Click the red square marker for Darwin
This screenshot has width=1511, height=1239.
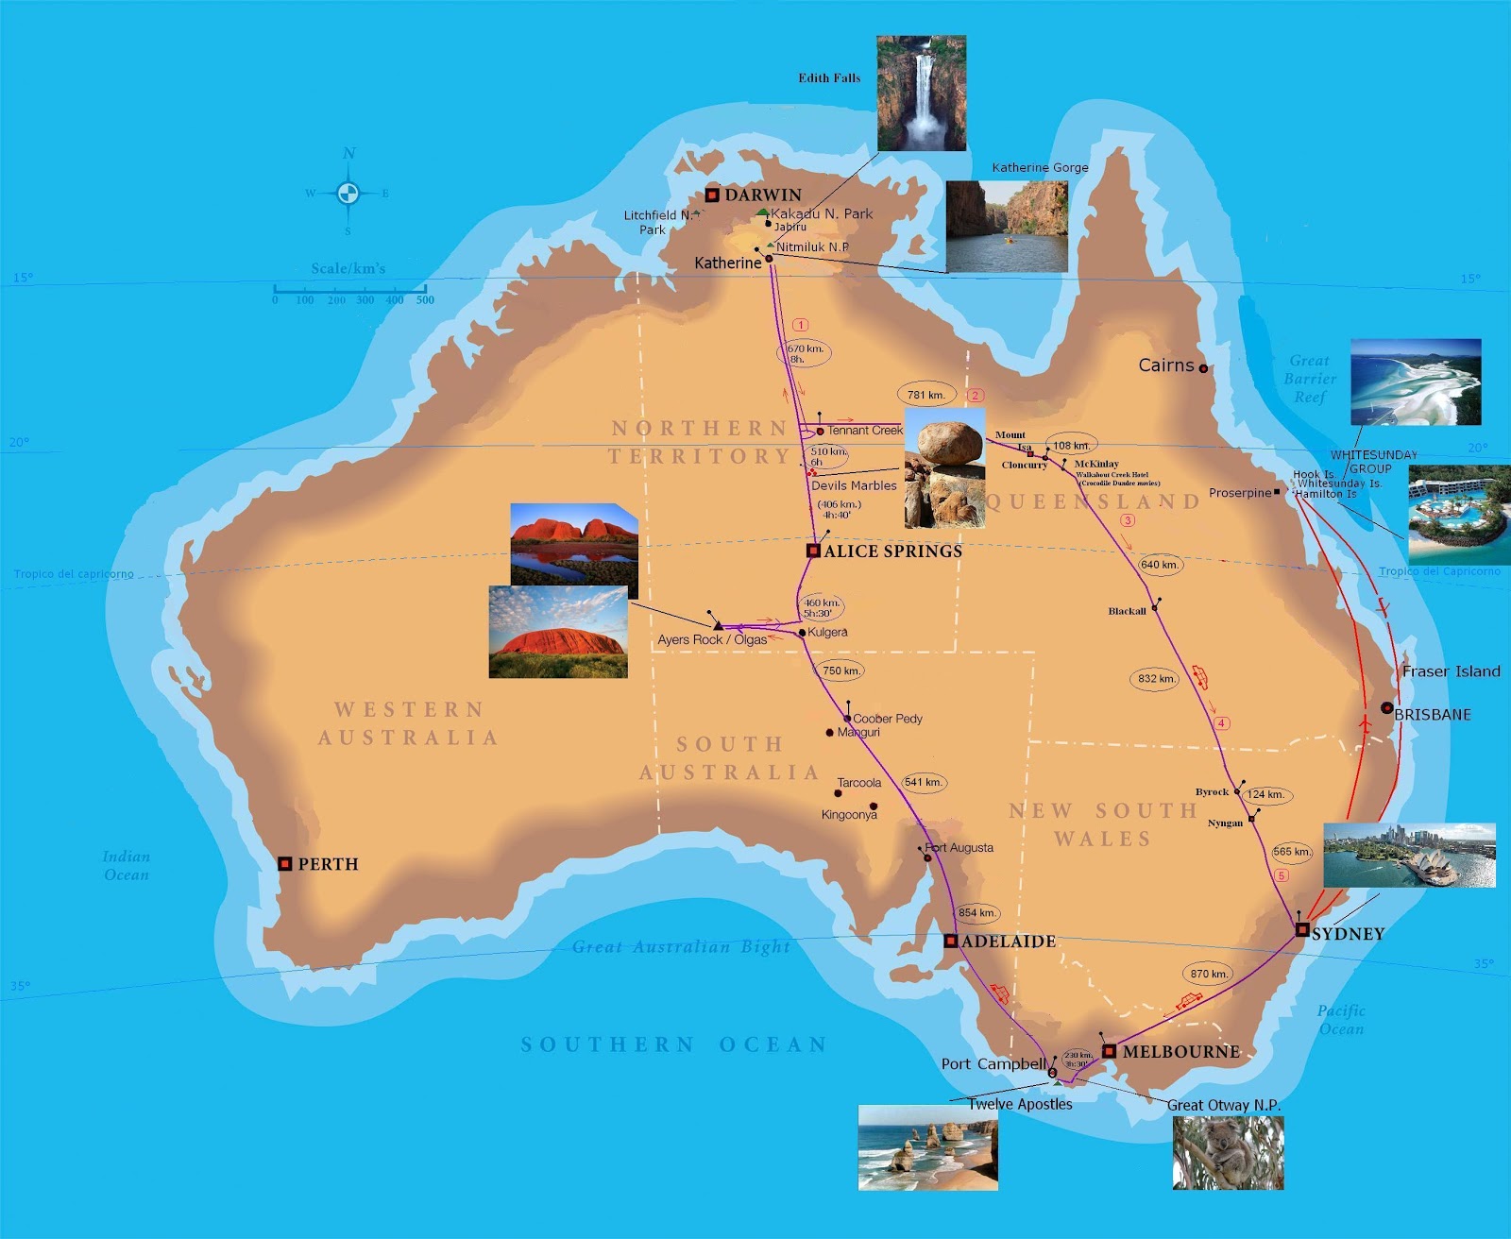[x=712, y=195]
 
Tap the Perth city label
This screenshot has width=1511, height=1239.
[x=328, y=864]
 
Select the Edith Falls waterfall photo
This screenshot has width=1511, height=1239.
[x=921, y=93]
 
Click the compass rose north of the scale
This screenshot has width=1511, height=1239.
[x=348, y=193]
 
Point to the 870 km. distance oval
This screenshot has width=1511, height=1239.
[x=1208, y=974]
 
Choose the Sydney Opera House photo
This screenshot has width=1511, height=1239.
[x=1409, y=856]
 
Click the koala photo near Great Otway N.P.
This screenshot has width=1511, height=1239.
[x=1228, y=1152]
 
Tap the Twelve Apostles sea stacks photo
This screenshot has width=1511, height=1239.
[x=927, y=1147]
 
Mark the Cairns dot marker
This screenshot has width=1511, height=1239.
[x=1203, y=368]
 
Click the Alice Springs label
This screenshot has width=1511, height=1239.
[x=892, y=551]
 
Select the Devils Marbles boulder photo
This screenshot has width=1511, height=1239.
[x=944, y=468]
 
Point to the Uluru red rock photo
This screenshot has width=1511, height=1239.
[x=558, y=632]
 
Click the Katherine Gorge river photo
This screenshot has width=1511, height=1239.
[x=1007, y=227]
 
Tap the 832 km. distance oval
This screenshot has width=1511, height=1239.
[x=1156, y=678]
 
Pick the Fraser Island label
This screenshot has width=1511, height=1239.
[x=1451, y=671]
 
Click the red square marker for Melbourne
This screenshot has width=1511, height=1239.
[x=1110, y=1051]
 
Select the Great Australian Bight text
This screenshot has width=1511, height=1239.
[x=681, y=946]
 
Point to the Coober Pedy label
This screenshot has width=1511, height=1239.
[x=887, y=719]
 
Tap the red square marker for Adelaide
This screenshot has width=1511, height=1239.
[x=951, y=942]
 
